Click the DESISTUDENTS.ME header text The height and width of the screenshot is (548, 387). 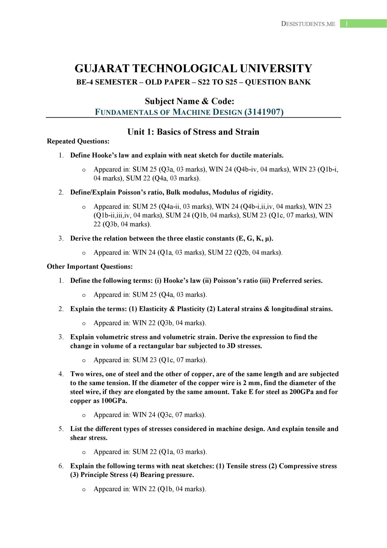pyautogui.click(x=308, y=24)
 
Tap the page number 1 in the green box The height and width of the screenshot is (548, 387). pyautogui.click(x=347, y=24)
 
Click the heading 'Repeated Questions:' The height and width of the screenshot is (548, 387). pyautogui.click(x=78, y=141)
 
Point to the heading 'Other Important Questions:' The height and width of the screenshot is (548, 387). pyautogui.click(x=90, y=267)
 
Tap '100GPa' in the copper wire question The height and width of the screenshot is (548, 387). pyautogui.click(x=114, y=401)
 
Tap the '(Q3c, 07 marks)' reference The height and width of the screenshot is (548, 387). pyautogui.click(x=181, y=415)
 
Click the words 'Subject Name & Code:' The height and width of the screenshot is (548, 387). pyautogui.click(x=190, y=101)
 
